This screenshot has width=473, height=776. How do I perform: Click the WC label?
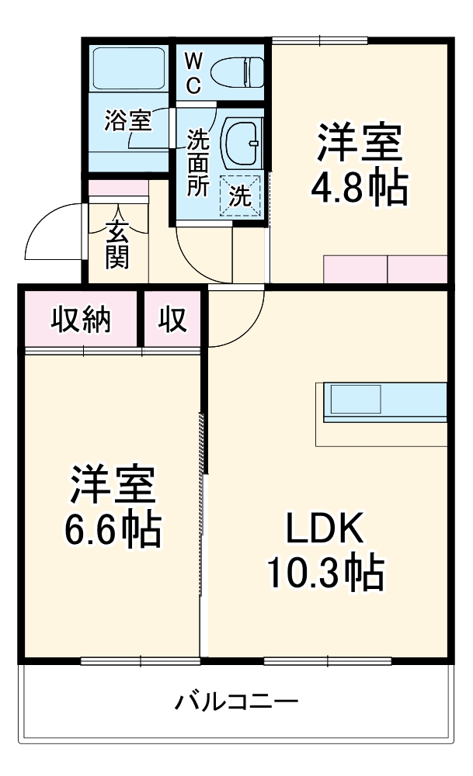194,72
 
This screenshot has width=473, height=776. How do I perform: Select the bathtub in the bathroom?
128,70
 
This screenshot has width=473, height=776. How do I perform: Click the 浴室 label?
128,121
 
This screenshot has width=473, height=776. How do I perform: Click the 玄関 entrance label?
117,244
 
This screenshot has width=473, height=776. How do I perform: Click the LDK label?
325,529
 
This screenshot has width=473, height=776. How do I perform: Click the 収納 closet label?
81,320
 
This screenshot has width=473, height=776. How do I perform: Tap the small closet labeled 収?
173,320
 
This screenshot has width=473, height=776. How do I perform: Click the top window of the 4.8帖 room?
319,40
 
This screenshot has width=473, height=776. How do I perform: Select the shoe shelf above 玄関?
117,188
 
